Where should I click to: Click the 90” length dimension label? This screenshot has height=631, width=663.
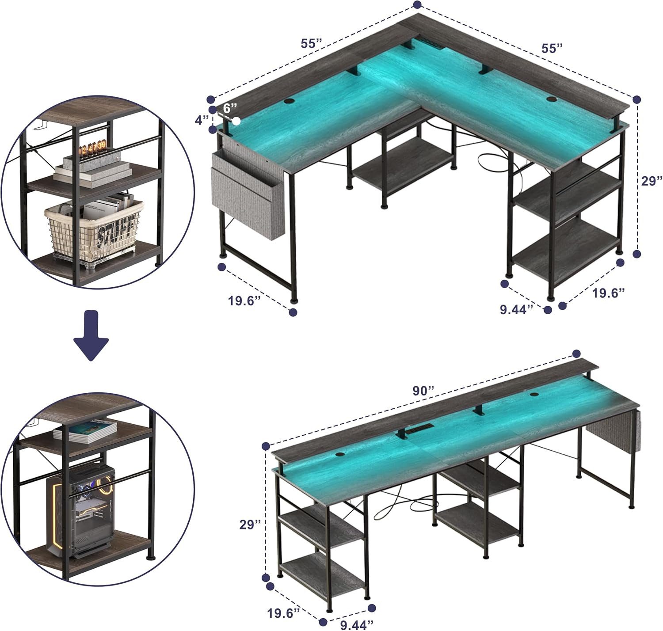point(423,391)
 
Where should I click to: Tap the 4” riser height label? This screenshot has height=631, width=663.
point(201,120)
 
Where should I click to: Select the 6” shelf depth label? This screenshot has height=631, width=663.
point(230,108)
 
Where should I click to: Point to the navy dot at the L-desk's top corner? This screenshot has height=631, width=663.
point(418,4)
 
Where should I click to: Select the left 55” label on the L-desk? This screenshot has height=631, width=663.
point(312,43)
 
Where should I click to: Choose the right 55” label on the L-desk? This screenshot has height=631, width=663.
point(552,48)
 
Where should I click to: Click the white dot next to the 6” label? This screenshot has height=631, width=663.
point(237,121)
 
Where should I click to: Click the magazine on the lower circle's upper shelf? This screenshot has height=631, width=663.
point(85,432)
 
